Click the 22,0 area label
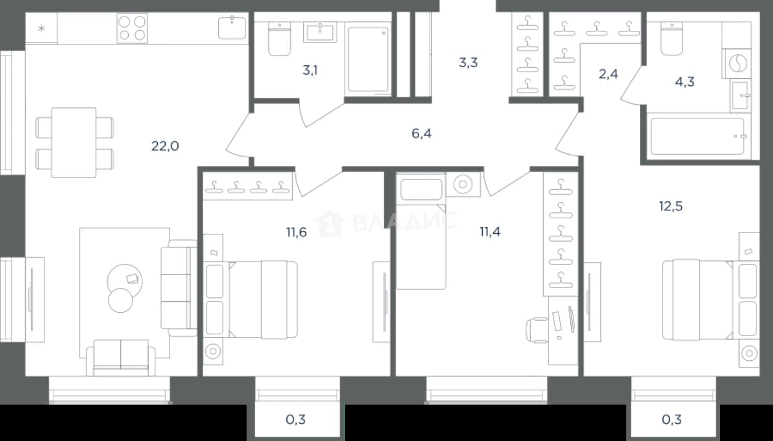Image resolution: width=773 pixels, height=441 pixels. [x=165, y=146]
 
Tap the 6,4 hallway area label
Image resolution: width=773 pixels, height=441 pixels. [x=422, y=133]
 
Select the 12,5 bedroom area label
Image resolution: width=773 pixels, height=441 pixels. [x=671, y=206]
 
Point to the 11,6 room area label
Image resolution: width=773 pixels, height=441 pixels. [x=296, y=233]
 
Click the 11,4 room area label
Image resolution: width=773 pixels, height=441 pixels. [x=490, y=232]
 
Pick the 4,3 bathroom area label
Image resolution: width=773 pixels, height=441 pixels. [x=685, y=82]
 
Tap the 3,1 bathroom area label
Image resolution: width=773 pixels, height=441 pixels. [x=310, y=70]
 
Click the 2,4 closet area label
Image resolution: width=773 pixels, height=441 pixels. [x=608, y=74]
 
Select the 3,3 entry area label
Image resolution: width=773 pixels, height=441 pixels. [x=468, y=62]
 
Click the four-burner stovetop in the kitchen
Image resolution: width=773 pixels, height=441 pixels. [x=132, y=28]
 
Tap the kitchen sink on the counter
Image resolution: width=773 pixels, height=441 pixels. [x=232, y=28]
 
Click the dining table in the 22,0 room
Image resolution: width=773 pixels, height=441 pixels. [x=74, y=142]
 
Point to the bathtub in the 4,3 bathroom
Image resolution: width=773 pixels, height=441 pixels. [x=697, y=136]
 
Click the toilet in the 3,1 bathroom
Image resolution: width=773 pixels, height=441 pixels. [x=279, y=39]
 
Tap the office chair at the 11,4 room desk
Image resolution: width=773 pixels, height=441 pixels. [x=537, y=331]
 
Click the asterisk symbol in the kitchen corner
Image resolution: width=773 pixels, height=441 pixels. [x=41, y=28]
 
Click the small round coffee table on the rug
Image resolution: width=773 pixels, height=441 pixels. [x=120, y=300]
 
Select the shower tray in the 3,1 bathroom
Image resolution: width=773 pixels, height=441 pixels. [x=368, y=60]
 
